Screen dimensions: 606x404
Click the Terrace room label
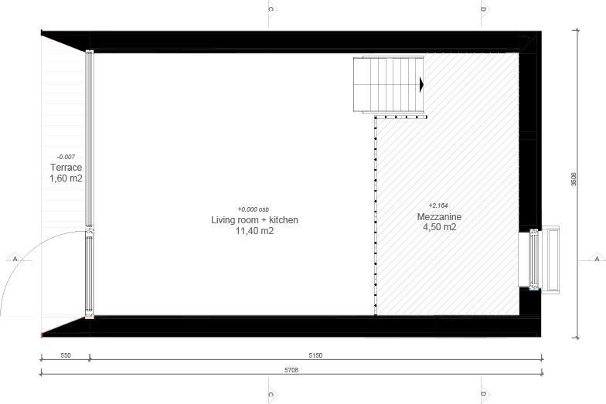66,168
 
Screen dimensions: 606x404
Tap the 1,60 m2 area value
66,178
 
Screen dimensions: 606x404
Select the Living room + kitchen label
255,220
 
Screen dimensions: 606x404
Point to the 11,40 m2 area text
255,231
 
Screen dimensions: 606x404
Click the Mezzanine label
439,217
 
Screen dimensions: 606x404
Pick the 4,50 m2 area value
439,227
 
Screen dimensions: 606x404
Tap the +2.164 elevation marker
438,205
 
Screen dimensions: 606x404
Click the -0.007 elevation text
66,157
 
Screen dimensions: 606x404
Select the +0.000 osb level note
254,209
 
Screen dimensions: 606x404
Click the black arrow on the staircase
422,85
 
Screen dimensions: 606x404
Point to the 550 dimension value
66,355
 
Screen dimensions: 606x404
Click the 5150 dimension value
315,355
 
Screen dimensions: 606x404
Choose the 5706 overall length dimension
291,370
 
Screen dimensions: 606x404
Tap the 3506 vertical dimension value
574,179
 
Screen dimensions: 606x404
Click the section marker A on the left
15,258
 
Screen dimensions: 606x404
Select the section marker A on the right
597,258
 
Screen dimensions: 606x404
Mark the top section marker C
272,9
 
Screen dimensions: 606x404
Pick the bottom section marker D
485,394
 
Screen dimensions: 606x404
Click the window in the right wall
535,259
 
